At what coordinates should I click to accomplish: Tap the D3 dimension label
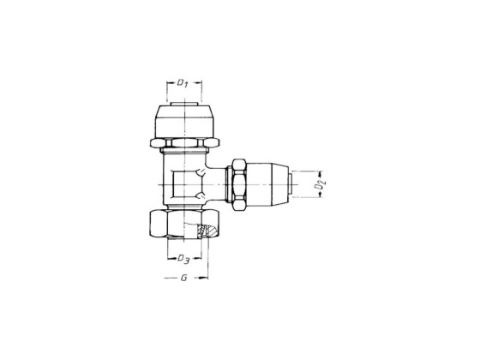point(182,259)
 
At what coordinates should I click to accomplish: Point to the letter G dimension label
point(184,278)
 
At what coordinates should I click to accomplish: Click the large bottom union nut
point(182,225)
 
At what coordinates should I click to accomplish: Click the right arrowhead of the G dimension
point(207,278)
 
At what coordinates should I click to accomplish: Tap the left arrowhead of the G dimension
point(163,278)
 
